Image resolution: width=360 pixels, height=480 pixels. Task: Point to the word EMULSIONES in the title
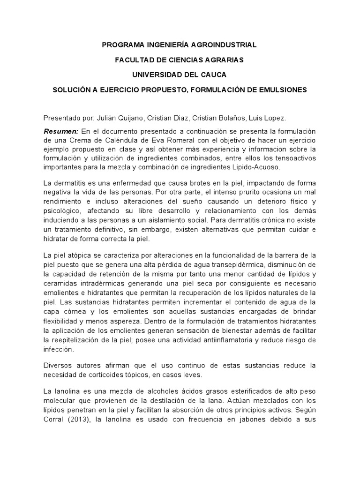[x=283, y=89]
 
